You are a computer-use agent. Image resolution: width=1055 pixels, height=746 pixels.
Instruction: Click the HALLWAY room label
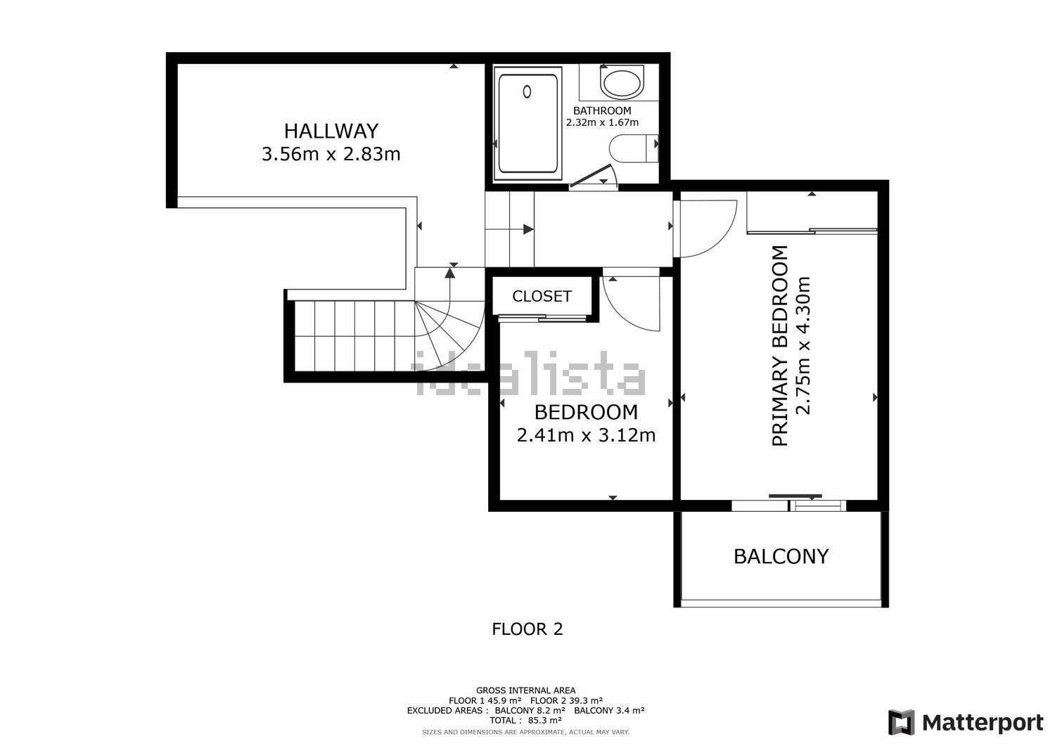click(331, 131)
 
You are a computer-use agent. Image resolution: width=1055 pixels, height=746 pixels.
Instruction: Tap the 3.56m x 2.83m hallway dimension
click(331, 154)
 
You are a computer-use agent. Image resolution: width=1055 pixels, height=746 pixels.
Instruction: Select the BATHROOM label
click(602, 110)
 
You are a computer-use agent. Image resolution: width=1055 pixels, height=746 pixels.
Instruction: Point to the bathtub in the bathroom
click(527, 124)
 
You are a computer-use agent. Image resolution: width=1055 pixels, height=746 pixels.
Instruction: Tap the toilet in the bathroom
click(634, 148)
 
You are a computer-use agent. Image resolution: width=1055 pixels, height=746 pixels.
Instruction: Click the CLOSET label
click(542, 296)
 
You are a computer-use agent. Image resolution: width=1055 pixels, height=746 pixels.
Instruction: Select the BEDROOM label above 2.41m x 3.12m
click(586, 412)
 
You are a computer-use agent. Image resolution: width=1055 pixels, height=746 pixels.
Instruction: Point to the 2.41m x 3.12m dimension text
click(586, 435)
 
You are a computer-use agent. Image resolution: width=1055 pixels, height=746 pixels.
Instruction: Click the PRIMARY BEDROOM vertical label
click(780, 346)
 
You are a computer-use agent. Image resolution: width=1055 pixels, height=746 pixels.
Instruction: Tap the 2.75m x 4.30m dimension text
click(803, 346)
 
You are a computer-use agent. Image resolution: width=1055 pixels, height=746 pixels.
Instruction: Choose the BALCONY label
click(781, 557)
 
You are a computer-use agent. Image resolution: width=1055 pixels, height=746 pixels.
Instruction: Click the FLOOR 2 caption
click(527, 629)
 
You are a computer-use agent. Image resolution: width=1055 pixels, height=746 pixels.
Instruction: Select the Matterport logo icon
click(901, 722)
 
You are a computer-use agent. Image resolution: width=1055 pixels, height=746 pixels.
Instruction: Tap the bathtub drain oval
click(527, 91)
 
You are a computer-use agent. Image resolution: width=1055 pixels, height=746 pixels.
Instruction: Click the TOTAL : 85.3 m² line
click(525, 720)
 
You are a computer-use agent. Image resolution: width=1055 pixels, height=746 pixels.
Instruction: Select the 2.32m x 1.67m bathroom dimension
click(602, 122)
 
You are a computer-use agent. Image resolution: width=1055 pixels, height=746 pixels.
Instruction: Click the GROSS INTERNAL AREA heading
click(525, 691)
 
